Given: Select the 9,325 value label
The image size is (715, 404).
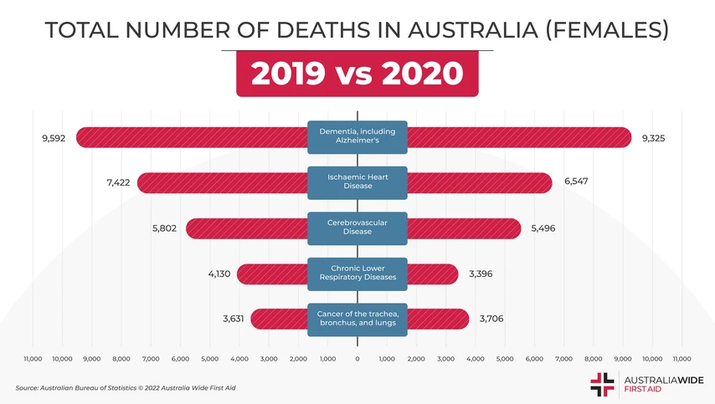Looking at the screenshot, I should pos(653,138).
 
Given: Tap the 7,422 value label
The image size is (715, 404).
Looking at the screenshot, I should pos(118,182).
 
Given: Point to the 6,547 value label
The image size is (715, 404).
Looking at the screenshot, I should pos(576,182).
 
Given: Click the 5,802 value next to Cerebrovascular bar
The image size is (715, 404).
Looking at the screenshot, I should pos(164,228).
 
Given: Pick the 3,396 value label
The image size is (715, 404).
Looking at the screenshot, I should pos(481,274).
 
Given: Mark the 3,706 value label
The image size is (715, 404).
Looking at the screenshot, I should pos(491,319).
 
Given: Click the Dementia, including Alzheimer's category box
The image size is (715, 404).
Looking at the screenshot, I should pos(357,137).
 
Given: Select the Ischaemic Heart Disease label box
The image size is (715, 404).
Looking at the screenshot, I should pos(357,182).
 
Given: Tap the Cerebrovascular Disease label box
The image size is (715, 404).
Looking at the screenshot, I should pos(357,228).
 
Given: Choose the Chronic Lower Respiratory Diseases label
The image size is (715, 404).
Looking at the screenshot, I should pos(357,274).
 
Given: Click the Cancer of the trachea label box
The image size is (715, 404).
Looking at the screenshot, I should pos(357,319).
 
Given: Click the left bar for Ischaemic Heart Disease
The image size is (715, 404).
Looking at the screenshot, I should pos(222,182).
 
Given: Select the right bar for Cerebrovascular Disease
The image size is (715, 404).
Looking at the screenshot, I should pos(464,228).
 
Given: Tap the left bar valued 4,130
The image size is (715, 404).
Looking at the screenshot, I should pos(272,274).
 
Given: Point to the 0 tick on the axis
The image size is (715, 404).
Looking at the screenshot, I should pos(357,359).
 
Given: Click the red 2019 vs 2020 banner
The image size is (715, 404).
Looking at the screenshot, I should pos(357,74).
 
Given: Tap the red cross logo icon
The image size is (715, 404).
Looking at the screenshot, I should pos(602,383).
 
